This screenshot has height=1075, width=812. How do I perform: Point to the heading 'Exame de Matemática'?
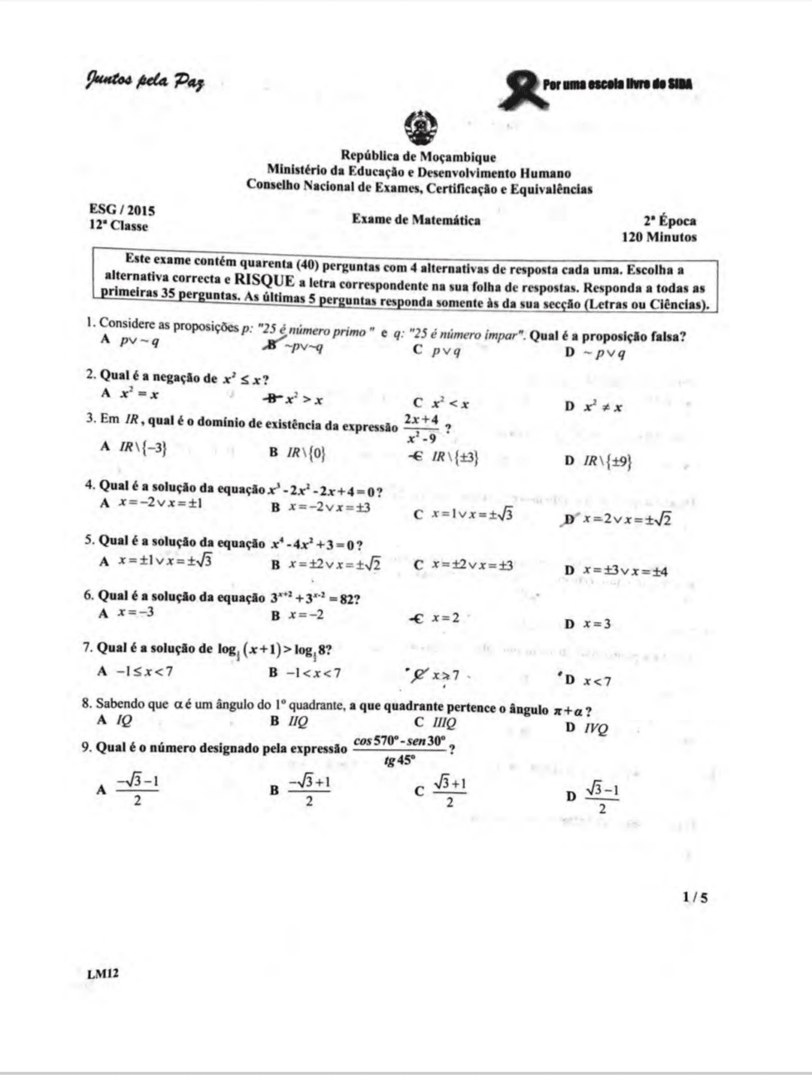pyautogui.click(x=416, y=220)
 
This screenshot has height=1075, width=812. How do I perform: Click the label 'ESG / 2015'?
pyautogui.click(x=122, y=211)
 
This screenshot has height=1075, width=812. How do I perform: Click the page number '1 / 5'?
pyautogui.click(x=695, y=896)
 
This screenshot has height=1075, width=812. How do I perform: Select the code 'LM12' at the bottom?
pyautogui.click(x=103, y=973)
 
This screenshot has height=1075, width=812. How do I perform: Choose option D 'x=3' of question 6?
pyautogui.click(x=589, y=624)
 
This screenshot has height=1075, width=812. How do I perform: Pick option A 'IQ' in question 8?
pyautogui.click(x=117, y=719)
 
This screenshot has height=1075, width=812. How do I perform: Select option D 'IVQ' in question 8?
pyautogui.click(x=589, y=728)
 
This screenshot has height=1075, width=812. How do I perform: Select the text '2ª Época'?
pyautogui.click(x=670, y=221)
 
